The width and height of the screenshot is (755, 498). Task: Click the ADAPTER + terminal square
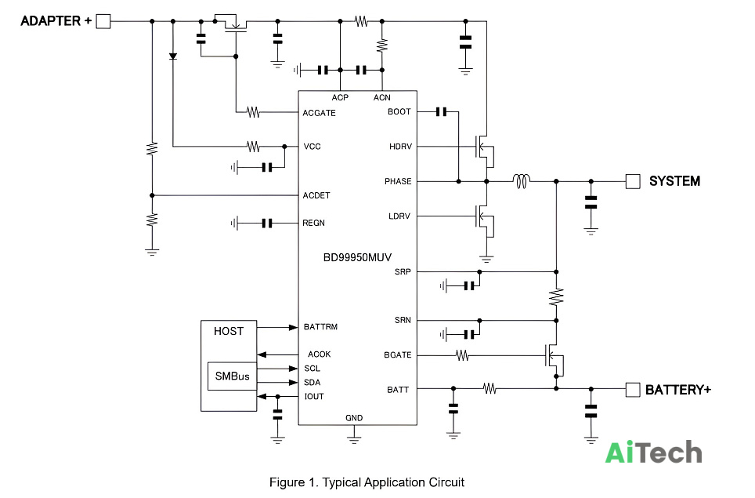point(103,21)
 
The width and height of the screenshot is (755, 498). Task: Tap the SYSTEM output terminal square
point(633,181)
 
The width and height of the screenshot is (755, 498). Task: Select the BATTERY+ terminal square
point(633,390)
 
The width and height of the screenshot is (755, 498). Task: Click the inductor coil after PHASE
point(522,181)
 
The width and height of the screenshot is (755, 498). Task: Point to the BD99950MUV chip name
point(357,257)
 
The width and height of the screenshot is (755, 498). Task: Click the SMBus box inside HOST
point(232,376)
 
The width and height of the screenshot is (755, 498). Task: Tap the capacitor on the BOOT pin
point(441,112)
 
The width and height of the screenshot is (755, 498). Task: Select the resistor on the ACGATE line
point(253,112)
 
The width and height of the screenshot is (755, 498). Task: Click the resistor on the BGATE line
point(462,355)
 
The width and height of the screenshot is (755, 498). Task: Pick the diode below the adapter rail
point(173,56)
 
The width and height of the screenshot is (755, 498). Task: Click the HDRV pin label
point(401,147)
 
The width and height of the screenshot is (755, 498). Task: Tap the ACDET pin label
point(316,195)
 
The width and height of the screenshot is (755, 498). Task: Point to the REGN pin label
point(313,223)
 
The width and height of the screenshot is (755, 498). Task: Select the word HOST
point(229,331)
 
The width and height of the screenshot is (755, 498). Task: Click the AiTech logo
point(653,453)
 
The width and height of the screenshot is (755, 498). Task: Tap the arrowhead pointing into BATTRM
point(293,327)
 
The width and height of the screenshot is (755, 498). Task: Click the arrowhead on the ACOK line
point(262,354)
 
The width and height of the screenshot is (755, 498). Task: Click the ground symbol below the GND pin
point(354,440)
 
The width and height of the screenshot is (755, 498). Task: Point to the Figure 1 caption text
point(367,482)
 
